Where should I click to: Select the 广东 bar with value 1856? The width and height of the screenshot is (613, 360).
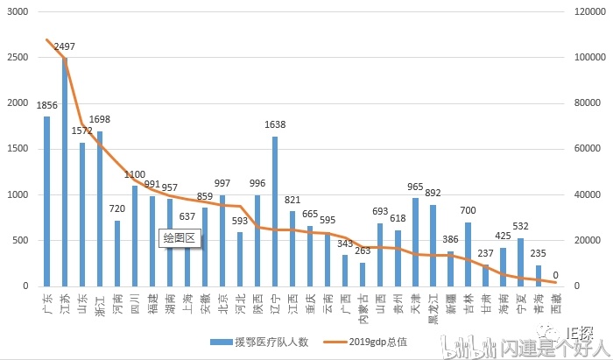coord(47,201)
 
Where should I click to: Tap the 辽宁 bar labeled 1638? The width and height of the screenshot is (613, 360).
coord(275,211)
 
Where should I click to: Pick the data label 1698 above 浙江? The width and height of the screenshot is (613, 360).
coord(100,119)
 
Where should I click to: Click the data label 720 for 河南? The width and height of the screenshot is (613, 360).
coord(117,209)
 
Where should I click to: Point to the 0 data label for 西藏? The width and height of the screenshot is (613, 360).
coord(556,275)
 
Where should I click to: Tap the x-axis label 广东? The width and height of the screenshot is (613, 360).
coord(47,304)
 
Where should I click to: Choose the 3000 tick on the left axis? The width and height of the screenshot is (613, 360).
coord(17,12)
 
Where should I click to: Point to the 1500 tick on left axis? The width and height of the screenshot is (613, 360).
coord(17,149)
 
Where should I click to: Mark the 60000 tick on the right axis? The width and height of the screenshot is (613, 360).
coord(586,149)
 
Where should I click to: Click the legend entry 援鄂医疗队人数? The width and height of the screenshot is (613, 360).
coord(254,342)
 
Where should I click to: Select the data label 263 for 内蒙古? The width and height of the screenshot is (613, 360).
coord(363,251)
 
